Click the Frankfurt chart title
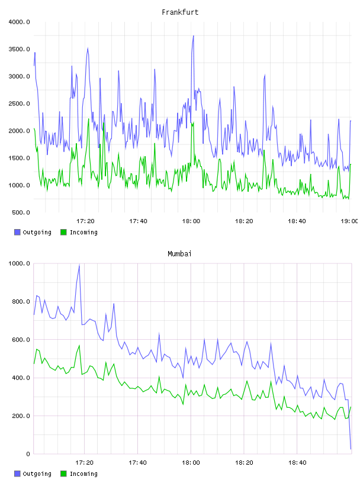(180, 12)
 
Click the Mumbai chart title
(179, 254)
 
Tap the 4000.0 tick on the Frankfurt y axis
(19, 22)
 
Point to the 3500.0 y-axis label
(19, 49)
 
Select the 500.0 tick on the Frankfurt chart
(21, 212)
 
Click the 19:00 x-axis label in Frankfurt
(349, 221)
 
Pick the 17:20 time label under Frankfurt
(85, 221)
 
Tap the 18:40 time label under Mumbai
(297, 463)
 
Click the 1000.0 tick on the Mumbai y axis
(19, 263)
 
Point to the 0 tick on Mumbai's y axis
(28, 454)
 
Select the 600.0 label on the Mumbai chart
(21, 340)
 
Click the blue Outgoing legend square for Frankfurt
(17, 232)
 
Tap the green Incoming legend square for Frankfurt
(63, 232)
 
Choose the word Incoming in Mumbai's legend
(83, 474)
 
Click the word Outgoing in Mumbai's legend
(37, 474)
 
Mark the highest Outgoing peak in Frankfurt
(193, 36)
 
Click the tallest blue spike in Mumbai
(79, 265)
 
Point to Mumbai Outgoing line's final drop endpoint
(351, 449)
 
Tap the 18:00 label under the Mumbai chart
(191, 463)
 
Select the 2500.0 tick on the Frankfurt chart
(19, 104)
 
